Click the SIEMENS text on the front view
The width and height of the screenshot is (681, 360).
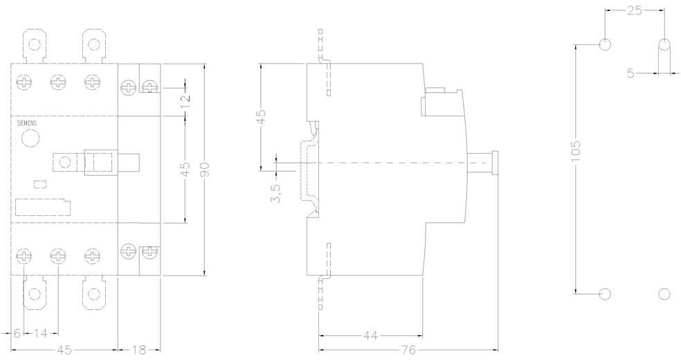26,123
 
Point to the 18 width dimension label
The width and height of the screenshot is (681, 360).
139,350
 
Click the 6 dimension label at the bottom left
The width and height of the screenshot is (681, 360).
17,334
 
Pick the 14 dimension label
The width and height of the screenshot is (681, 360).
40,334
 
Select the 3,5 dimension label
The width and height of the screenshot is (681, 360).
275,193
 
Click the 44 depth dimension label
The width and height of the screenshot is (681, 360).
370,336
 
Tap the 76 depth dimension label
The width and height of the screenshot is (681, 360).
409,350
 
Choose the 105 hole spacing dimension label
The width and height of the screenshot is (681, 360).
576,151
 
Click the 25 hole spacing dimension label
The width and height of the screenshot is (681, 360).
635,10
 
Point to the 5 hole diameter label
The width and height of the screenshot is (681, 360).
630,73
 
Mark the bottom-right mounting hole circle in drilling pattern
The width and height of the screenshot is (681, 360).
664,294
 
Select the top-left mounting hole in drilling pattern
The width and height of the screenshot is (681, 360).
605,44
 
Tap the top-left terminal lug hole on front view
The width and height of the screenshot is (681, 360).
35,44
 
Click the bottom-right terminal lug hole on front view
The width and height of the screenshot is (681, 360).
94,294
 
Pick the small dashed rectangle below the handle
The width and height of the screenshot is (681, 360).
40,184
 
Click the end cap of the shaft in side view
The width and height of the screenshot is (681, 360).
495,163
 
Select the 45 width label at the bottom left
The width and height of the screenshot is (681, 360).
64,350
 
